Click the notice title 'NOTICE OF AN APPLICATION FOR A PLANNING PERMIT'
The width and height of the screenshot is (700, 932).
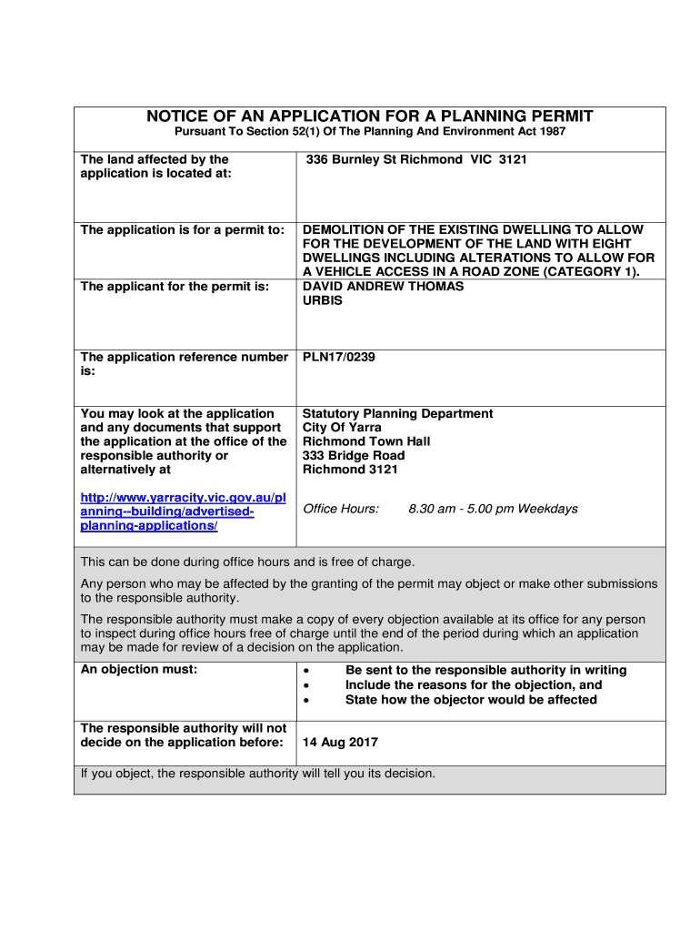pos(370,116)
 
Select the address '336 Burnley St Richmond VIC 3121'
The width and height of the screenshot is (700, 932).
pos(416,159)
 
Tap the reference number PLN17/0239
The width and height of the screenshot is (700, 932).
pos(338,357)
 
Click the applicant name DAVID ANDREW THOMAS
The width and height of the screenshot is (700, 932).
pos(383,287)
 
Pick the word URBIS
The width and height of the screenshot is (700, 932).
pos(323,300)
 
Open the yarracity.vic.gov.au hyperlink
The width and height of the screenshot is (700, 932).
pos(182,512)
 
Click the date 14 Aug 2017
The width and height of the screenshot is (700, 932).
pos(340,743)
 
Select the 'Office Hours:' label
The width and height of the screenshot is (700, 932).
pos(340,509)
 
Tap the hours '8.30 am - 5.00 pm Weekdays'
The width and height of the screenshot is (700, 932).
pos(493,509)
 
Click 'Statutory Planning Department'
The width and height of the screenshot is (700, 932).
pos(397,414)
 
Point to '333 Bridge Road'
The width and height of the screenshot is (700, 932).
pos(354,456)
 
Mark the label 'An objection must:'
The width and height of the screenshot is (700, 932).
pos(138,670)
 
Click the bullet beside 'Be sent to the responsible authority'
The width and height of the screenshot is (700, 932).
pos(306,672)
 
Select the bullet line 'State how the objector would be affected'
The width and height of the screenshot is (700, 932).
pos(471,700)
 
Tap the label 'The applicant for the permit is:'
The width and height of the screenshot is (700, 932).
pos(175,287)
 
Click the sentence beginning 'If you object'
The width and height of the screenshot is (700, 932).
pos(258,775)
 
